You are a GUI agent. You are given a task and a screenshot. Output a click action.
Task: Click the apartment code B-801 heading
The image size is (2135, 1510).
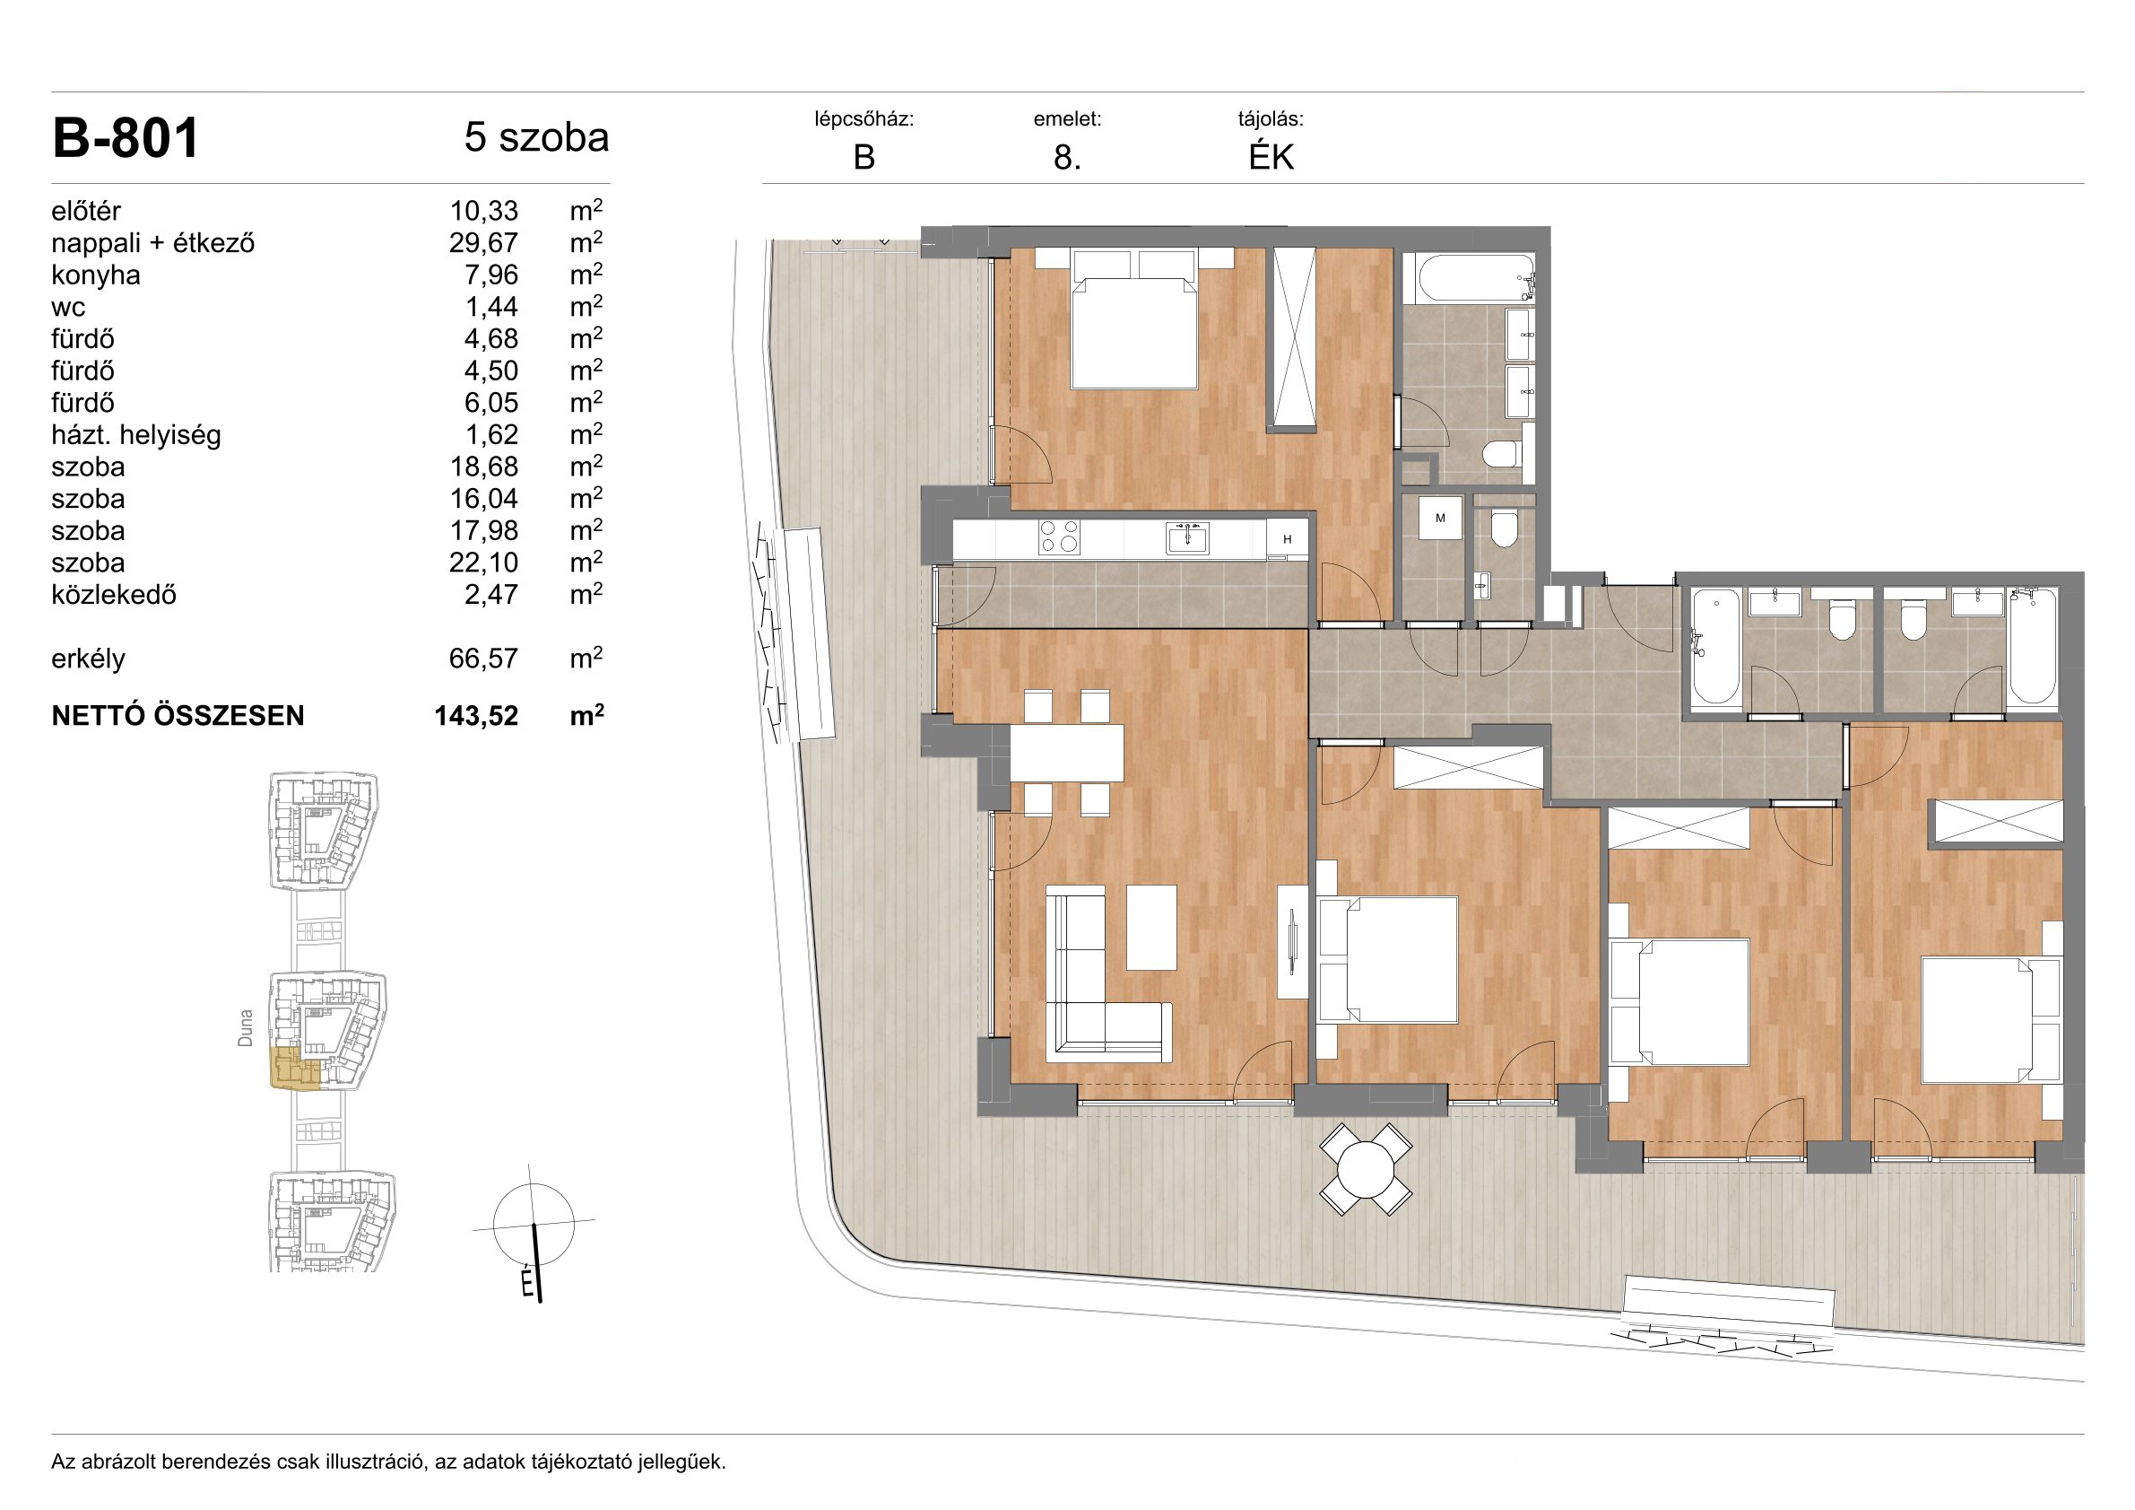pyautogui.click(x=126, y=139)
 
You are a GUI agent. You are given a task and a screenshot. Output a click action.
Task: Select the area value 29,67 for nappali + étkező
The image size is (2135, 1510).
pyautogui.click(x=483, y=243)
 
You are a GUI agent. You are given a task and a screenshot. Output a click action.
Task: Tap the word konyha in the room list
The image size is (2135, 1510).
pyautogui.click(x=96, y=275)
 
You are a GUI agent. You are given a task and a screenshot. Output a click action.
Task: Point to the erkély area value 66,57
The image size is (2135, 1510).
pyautogui.click(x=483, y=659)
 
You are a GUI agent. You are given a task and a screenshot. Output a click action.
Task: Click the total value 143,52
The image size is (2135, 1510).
pyautogui.click(x=476, y=715)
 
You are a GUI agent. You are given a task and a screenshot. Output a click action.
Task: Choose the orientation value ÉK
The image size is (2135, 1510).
pyautogui.click(x=1271, y=157)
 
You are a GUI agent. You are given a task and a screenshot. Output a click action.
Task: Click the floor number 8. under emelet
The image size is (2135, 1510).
pyautogui.click(x=1067, y=158)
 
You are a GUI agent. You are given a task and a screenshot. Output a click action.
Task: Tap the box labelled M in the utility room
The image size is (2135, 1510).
pyautogui.click(x=1440, y=519)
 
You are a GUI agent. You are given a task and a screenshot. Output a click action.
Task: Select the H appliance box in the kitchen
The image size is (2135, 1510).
pyautogui.click(x=1288, y=539)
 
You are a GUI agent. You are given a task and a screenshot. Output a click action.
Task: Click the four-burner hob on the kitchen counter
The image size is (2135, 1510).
pyautogui.click(x=1059, y=537)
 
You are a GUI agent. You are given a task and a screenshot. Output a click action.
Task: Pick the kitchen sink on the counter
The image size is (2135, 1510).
pyautogui.click(x=1187, y=537)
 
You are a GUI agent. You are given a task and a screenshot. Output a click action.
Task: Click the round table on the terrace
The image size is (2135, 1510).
pyautogui.click(x=1366, y=1169)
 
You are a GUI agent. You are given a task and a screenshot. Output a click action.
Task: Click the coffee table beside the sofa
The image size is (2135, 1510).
pyautogui.click(x=1151, y=928)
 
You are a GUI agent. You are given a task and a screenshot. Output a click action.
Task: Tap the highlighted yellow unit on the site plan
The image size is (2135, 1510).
pyautogui.click(x=296, y=1068)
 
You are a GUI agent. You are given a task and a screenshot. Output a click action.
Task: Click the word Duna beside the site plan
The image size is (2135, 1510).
pyautogui.click(x=246, y=1029)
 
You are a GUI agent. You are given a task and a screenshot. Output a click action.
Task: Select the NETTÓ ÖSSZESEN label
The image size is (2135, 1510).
pyautogui.click(x=178, y=715)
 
